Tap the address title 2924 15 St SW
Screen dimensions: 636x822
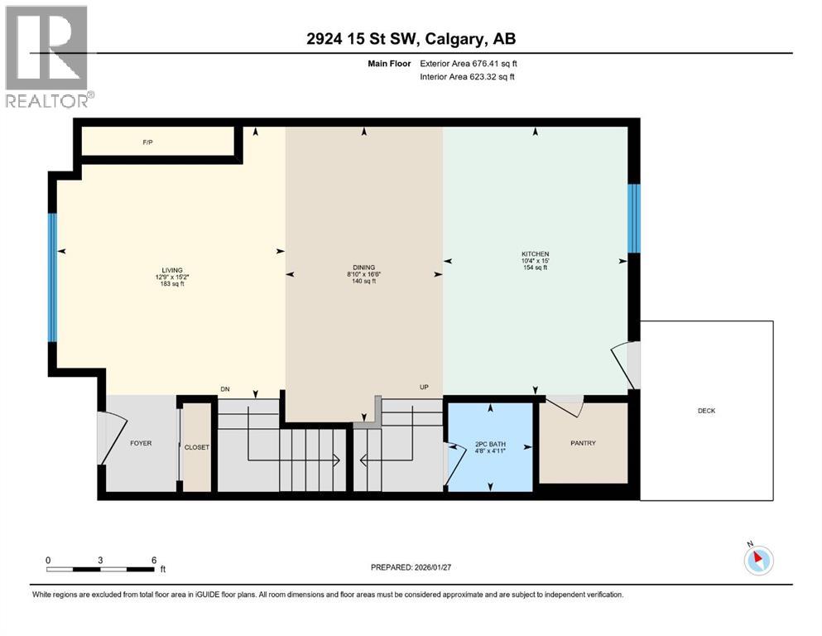[411, 39]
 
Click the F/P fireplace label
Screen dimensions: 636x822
[147, 142]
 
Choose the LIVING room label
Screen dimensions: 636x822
[172, 269]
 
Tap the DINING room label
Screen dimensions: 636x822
[363, 267]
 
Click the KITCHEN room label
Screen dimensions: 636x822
[535, 253]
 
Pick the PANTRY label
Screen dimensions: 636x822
[582, 443]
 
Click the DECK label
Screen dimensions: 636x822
[706, 411]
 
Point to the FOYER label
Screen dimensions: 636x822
[141, 443]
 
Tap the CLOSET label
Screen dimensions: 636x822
[197, 447]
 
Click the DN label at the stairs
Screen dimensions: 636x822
[224, 388]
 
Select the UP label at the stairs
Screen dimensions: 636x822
[424, 387]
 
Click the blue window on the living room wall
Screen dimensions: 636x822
[52, 277]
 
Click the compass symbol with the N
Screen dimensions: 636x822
[758, 561]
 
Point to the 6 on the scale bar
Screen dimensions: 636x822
[154, 560]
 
